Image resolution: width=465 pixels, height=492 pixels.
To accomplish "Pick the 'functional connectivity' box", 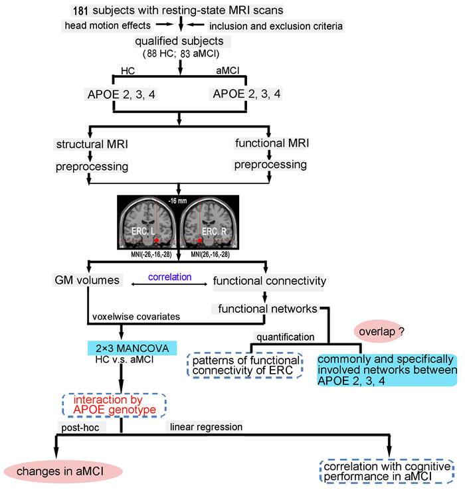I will pos(270,282).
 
